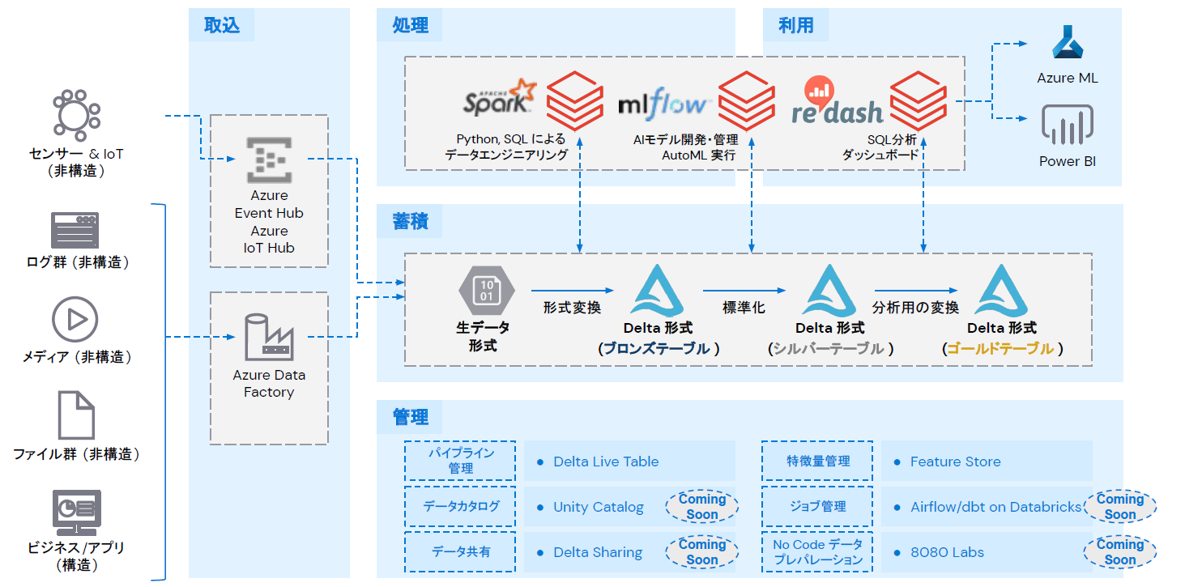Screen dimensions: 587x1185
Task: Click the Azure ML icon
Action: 1068,43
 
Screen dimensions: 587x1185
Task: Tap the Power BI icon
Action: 1068,125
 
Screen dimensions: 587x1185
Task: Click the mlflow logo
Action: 664,104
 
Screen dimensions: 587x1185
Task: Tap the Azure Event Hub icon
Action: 268,160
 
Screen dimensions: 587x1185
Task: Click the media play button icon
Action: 75,318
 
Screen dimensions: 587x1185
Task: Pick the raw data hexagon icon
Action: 486,290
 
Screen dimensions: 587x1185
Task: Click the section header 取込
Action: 221,25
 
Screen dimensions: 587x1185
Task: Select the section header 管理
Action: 411,417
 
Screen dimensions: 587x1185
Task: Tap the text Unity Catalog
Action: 598,507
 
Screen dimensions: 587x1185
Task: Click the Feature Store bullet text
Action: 955,462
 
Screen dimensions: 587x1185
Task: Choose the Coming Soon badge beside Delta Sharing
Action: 701,552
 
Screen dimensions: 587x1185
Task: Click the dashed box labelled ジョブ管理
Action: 817,507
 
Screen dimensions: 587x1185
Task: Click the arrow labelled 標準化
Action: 744,290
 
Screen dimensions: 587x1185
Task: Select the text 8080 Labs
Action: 947,552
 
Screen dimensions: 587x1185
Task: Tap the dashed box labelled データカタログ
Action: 460,507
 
